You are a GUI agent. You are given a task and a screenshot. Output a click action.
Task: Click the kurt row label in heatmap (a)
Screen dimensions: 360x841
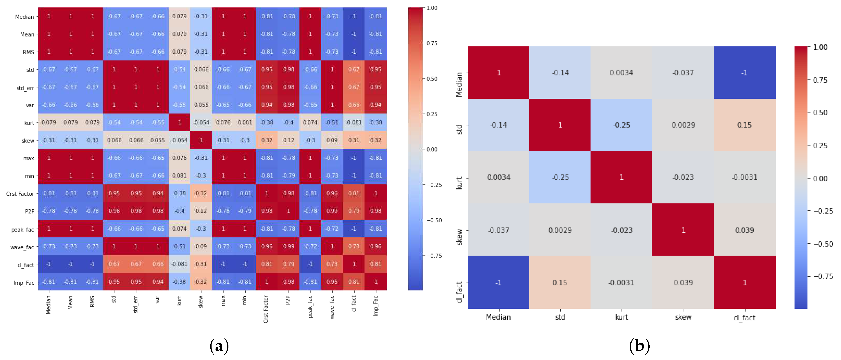point(29,123)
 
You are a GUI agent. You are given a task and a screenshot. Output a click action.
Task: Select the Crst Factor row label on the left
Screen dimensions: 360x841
point(20,194)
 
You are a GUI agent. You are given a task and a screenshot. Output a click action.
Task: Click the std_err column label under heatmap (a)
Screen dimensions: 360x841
point(136,304)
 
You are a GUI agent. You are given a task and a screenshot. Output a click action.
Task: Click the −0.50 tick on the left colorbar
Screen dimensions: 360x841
point(434,220)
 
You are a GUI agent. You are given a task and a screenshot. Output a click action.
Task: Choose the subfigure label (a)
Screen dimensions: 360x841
point(219,346)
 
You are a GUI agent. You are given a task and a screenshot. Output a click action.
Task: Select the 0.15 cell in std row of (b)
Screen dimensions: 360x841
point(744,125)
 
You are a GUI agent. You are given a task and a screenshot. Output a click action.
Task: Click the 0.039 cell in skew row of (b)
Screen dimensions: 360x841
point(744,230)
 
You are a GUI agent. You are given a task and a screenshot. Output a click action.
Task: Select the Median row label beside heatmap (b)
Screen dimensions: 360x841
point(459,85)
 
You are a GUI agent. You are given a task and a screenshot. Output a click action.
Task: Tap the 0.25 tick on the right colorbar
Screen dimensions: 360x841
point(820,146)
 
